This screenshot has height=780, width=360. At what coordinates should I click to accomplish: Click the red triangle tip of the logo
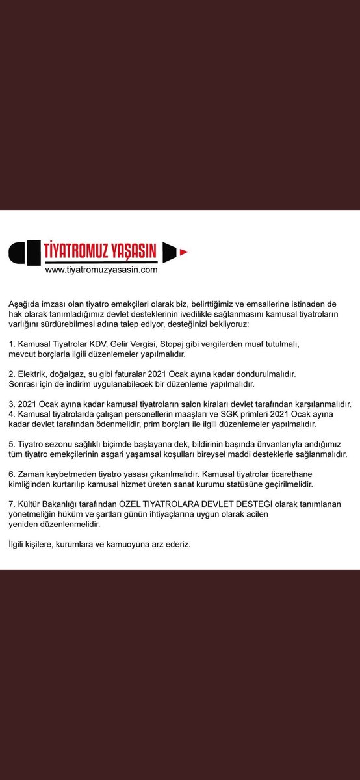point(184,251)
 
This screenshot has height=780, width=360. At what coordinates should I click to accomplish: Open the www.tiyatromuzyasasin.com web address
point(102,269)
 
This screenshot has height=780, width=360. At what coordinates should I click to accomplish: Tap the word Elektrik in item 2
point(34,374)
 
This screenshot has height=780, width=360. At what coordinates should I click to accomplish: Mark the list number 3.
point(11,404)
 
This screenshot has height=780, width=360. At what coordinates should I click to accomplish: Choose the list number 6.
point(11,474)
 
